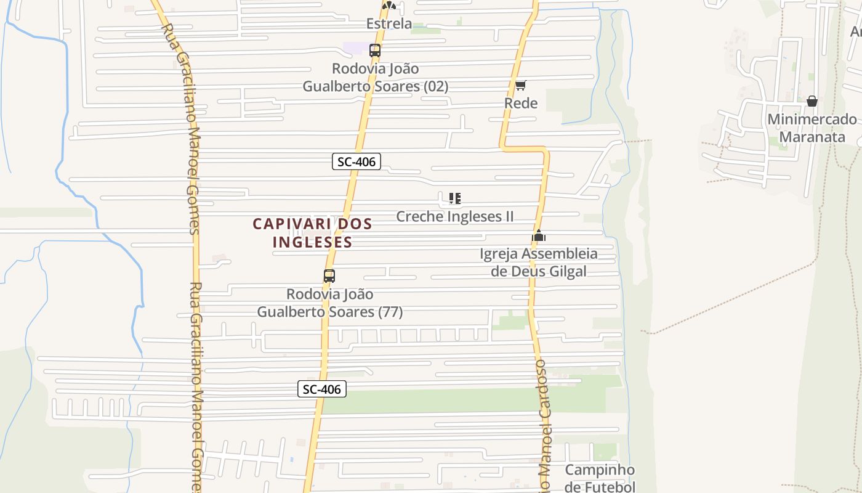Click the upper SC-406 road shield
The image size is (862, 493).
[x=356, y=161]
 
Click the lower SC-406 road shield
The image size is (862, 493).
[x=322, y=389]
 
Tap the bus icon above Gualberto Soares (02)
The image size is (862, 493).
[x=374, y=51]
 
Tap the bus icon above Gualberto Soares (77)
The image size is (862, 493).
[x=329, y=276]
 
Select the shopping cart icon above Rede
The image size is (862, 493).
[x=521, y=85]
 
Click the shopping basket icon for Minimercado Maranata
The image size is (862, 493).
[x=812, y=101]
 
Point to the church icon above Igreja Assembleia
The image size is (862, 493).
[x=539, y=235]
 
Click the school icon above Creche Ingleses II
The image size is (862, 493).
[x=455, y=198]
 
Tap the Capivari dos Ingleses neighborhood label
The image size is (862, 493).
[x=312, y=232]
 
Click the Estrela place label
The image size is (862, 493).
[x=389, y=24]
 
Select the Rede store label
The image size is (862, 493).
[x=521, y=103]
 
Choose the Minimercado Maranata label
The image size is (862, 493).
[x=812, y=128]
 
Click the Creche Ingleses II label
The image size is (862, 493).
[x=455, y=216]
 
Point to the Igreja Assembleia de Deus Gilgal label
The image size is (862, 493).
[x=539, y=262]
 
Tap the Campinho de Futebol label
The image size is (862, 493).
[x=600, y=478]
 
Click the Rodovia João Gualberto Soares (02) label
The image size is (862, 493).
[x=375, y=77]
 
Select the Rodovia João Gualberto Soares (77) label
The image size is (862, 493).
[x=329, y=303]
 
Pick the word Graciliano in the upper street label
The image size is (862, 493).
[x=183, y=92]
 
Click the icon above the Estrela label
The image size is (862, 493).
[x=389, y=6]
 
